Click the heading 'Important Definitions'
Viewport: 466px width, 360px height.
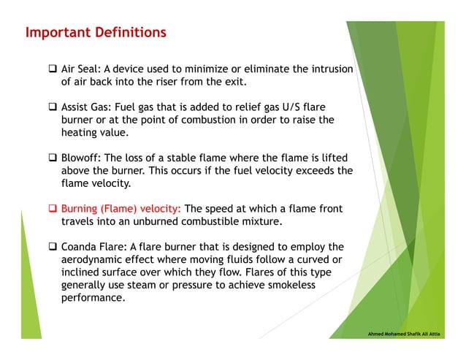[x=96, y=33]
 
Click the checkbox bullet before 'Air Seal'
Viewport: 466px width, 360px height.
[x=53, y=70]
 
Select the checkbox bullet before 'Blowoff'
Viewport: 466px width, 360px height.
[x=53, y=158]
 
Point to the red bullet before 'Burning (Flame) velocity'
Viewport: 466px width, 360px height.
[x=53, y=209]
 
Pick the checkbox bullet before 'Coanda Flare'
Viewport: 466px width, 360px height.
[x=53, y=246]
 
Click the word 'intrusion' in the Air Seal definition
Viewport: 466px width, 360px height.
[x=329, y=69]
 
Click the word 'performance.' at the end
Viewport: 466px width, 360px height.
[x=94, y=298]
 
